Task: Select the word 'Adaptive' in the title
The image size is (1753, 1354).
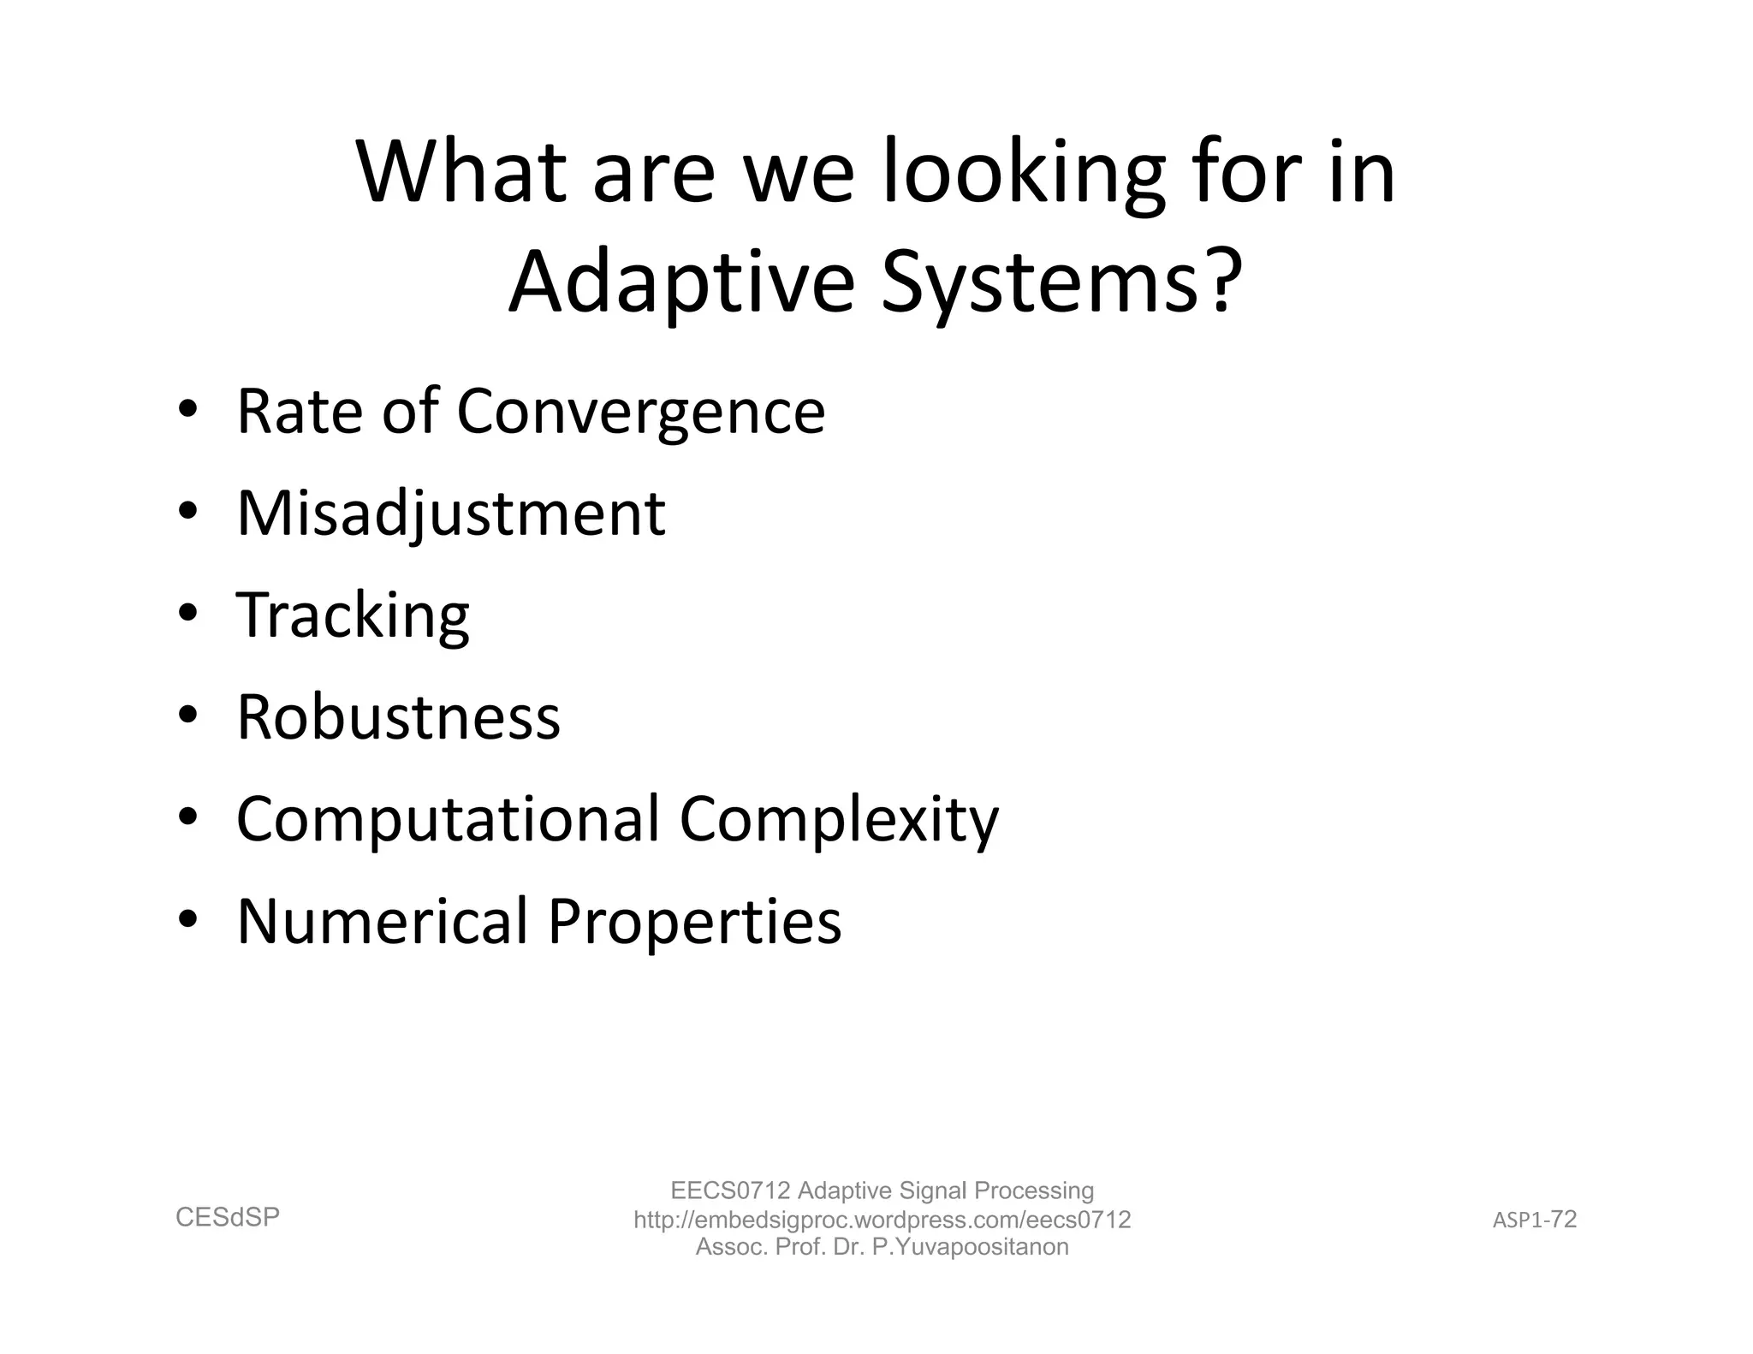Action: [x=681, y=282]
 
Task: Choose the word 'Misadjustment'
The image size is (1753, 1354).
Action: [x=450, y=514]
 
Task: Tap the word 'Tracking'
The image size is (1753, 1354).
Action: [x=353, y=616]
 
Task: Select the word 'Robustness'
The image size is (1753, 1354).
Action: [x=398, y=717]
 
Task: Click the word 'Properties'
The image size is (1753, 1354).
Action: [x=694, y=922]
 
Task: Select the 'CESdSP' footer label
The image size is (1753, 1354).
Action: [x=228, y=1217]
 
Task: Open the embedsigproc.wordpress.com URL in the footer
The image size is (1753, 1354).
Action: [x=882, y=1220]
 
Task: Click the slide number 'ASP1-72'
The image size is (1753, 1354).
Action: [x=1535, y=1220]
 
